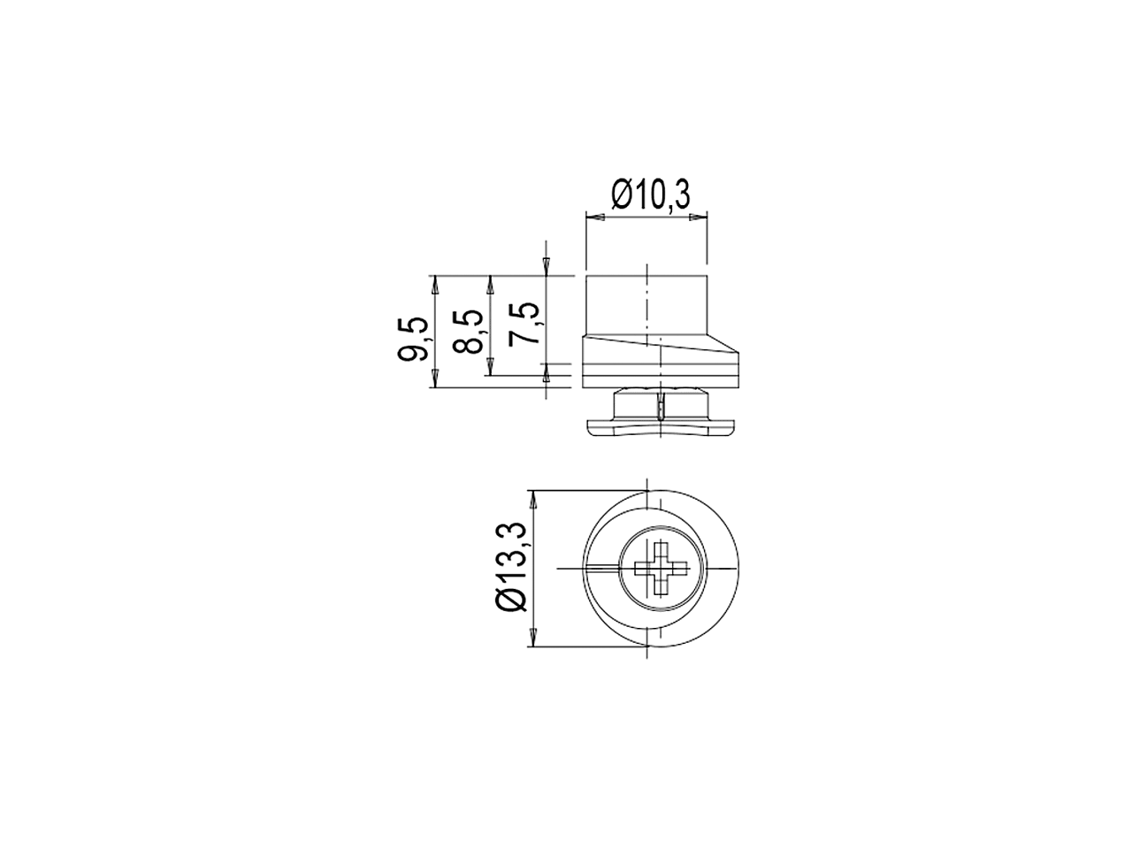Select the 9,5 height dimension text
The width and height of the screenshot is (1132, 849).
coord(413,339)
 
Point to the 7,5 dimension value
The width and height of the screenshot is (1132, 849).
coord(524,324)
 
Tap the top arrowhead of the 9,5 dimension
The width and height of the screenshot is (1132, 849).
coord(435,285)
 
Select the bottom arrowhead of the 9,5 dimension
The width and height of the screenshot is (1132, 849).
coord(435,379)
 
